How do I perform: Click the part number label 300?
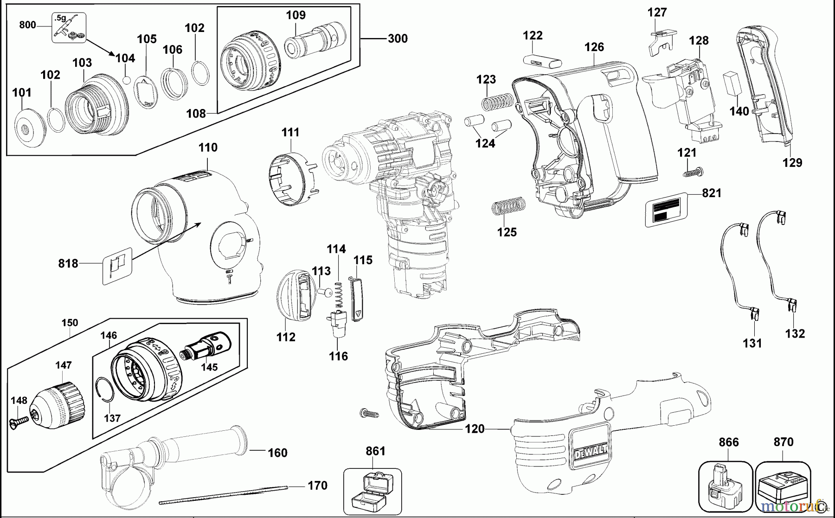point(398,38)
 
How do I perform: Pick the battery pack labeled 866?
point(726,487)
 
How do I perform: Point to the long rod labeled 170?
point(223,494)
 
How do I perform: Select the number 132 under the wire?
point(795,333)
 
